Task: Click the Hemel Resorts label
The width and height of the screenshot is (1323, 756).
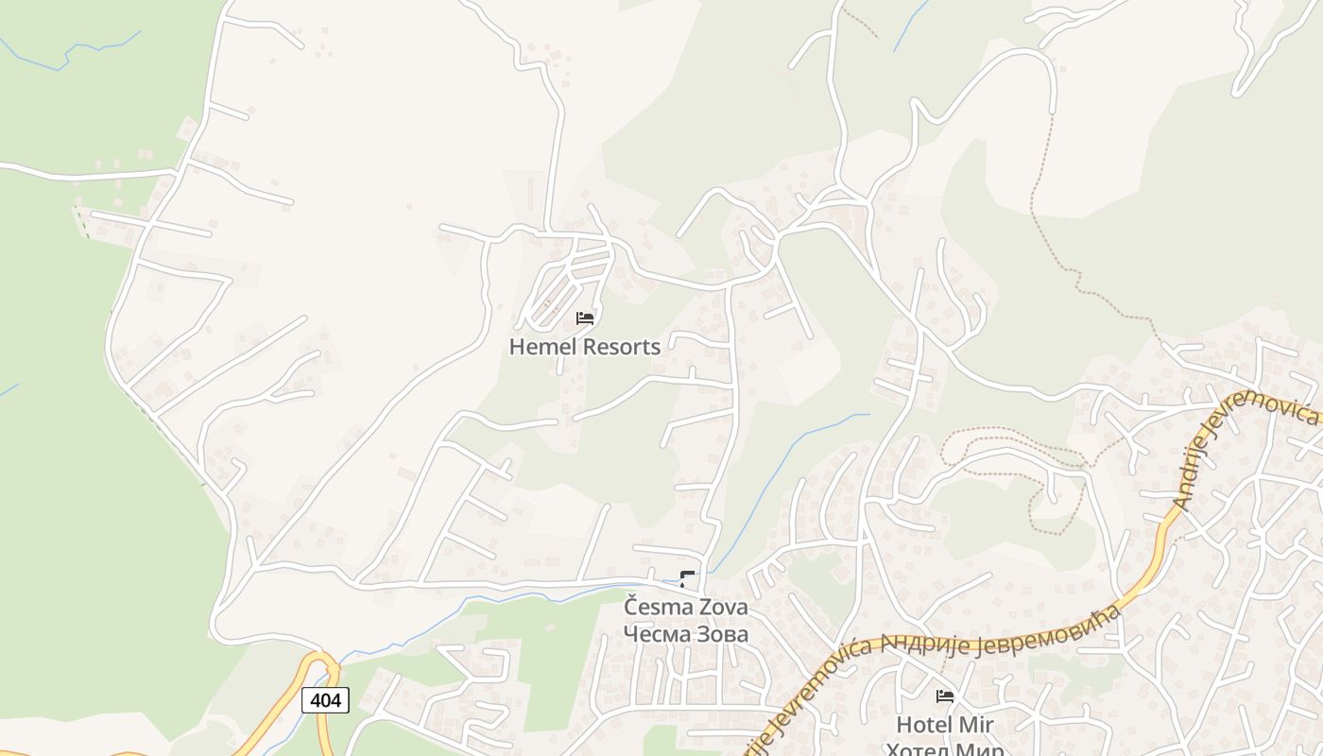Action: [x=585, y=347]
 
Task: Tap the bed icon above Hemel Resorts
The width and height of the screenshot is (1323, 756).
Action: [x=585, y=318]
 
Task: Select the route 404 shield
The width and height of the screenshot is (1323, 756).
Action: [x=326, y=700]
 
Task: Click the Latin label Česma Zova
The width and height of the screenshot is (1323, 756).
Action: [x=685, y=607]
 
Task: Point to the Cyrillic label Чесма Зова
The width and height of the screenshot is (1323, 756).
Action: [x=685, y=634]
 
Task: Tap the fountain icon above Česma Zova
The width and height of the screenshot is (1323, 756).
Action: [x=687, y=579]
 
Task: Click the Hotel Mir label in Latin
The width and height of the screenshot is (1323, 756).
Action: [x=945, y=725]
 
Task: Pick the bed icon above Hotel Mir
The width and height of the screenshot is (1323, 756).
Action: [x=945, y=696]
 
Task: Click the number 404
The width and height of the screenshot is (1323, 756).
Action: [x=326, y=700]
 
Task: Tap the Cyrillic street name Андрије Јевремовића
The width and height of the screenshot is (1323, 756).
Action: [x=1002, y=632]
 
